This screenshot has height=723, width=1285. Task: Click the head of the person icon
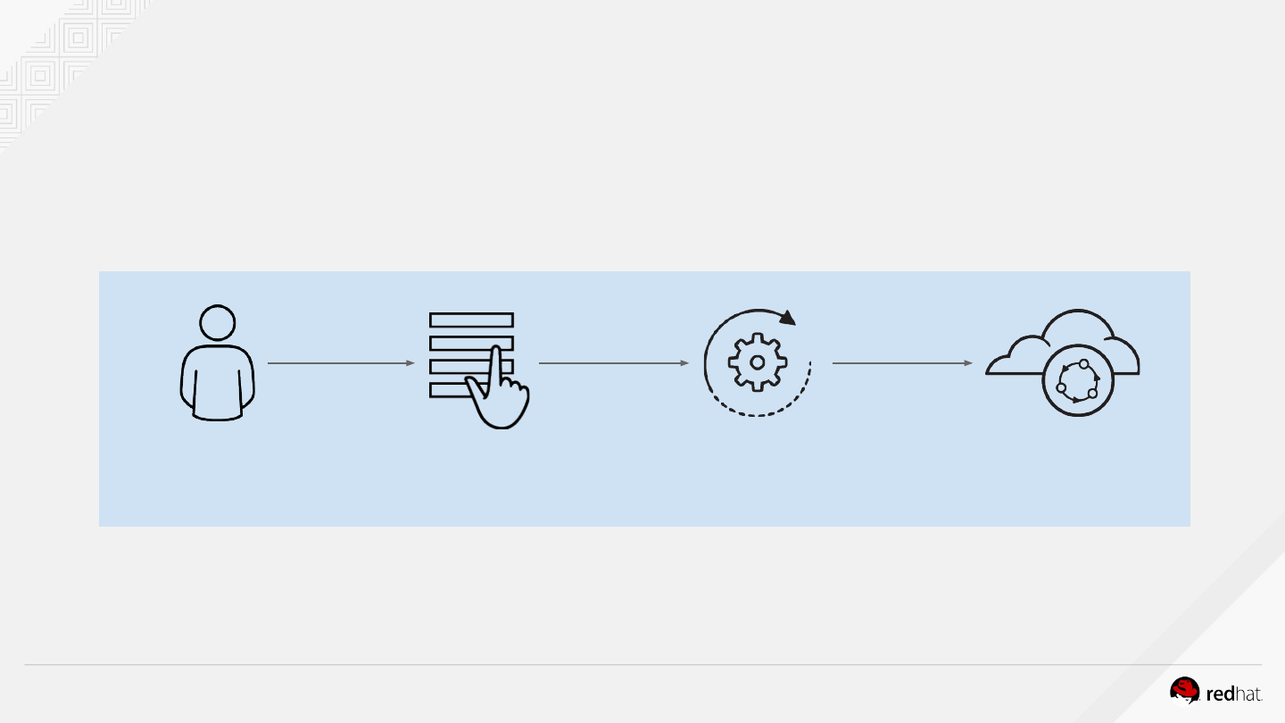(x=218, y=322)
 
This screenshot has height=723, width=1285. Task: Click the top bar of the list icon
(x=471, y=320)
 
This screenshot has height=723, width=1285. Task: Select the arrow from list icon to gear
(x=614, y=363)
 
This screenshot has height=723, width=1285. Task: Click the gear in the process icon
(x=757, y=362)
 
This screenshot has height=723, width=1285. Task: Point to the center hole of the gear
(x=757, y=362)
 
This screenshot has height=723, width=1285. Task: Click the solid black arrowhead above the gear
(x=786, y=318)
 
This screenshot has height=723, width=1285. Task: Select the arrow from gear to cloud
(x=901, y=363)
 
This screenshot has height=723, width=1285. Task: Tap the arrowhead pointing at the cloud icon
(x=968, y=363)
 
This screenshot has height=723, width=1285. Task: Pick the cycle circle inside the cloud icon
(x=1078, y=382)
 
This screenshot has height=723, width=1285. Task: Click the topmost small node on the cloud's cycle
(x=1084, y=364)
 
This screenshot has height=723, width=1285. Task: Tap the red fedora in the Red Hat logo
(x=1185, y=690)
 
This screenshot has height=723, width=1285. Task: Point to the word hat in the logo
(x=1248, y=694)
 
